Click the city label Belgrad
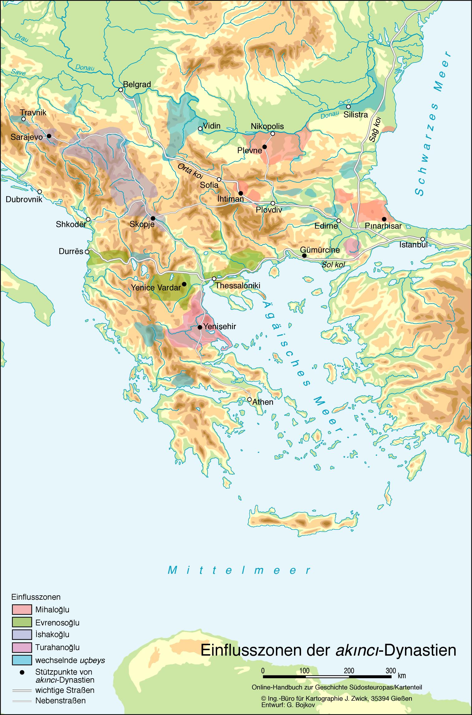(137, 84)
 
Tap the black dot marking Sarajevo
(49, 136)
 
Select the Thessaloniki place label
(238, 286)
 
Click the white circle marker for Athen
(249, 399)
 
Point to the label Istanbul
(413, 245)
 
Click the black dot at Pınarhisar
(384, 219)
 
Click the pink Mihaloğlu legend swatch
(22, 609)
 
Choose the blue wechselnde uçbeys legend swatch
(22, 660)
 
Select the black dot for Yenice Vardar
(184, 284)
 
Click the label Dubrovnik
(24, 199)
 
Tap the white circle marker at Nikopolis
(272, 134)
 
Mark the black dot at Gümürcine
(304, 256)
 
